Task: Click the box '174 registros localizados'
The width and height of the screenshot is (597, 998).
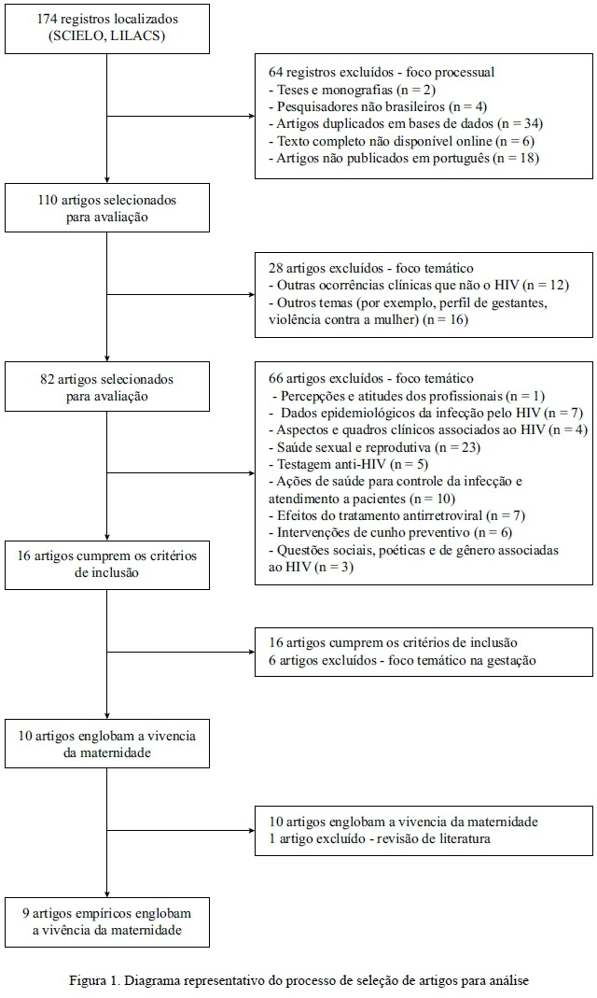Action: tap(107, 28)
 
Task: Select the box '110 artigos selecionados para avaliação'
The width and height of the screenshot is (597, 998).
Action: tap(107, 207)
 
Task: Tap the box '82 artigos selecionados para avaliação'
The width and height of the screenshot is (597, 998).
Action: tap(107, 387)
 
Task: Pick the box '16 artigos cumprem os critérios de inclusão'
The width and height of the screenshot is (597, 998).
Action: tap(107, 564)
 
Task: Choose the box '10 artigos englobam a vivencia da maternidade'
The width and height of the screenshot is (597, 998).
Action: tap(107, 743)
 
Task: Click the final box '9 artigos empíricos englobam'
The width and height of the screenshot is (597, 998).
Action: tap(107, 922)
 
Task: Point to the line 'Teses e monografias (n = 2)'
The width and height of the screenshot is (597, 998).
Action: tap(353, 90)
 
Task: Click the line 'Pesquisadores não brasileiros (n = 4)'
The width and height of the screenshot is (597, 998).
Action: tap(379, 107)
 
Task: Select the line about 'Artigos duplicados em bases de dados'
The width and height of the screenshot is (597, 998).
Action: tap(407, 123)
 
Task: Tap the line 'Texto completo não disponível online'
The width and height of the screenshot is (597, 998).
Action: tap(402, 141)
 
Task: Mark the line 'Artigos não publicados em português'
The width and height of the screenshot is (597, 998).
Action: tap(404, 158)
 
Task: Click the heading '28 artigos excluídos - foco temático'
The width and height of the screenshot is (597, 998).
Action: tap(371, 269)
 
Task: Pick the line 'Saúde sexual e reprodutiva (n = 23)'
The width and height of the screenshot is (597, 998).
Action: tap(374, 447)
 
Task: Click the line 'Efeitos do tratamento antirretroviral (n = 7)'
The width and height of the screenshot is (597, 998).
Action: tap(397, 515)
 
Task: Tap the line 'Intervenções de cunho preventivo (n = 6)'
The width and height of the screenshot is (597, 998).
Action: tap(390, 533)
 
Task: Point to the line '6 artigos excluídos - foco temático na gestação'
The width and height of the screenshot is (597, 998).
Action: tap(402, 661)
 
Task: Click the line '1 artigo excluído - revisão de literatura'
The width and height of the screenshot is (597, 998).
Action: tap(380, 839)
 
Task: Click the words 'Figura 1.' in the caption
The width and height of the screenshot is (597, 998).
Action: tap(94, 981)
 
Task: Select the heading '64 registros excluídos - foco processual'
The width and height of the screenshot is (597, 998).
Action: tap(382, 73)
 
